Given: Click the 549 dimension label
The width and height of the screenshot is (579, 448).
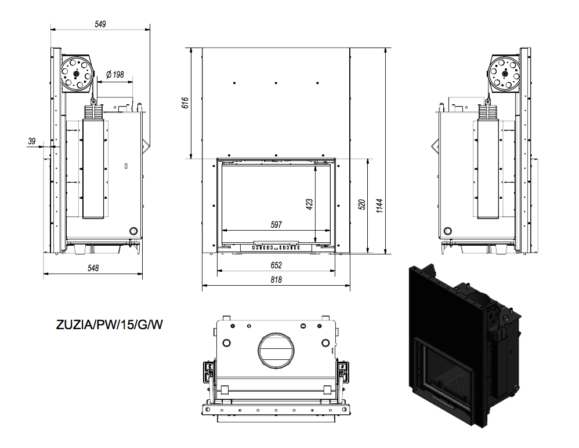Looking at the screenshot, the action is [100, 24].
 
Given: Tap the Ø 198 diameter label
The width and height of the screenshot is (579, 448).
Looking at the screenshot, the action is [115, 75].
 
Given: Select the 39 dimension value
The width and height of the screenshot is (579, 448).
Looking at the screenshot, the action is [32, 141].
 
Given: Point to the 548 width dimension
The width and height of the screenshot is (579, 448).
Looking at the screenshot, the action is [93, 268].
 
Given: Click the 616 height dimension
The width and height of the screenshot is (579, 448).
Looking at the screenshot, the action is [185, 103].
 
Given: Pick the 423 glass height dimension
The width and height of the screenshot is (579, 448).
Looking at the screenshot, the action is [309, 204].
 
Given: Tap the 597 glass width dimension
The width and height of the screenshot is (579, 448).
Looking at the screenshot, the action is [276, 224].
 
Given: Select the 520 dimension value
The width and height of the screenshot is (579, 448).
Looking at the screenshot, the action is [361, 205].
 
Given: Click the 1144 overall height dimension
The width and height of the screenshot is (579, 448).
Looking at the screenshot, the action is [379, 206].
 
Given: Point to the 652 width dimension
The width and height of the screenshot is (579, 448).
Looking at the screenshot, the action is [276, 265].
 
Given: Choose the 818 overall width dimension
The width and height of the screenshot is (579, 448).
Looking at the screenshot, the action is [276, 280].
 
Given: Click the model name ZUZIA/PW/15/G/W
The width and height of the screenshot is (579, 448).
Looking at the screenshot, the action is [109, 325].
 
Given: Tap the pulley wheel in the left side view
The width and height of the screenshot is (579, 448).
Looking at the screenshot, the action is [77, 74].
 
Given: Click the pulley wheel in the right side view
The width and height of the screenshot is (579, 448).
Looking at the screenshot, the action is [504, 74].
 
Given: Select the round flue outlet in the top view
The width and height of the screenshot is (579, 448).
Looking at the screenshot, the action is [276, 350].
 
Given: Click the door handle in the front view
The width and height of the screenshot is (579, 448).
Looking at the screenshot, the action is [276, 242].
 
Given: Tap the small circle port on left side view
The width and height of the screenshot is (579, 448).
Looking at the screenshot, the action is [133, 231].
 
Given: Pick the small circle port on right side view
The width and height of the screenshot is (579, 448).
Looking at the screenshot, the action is [447, 231].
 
